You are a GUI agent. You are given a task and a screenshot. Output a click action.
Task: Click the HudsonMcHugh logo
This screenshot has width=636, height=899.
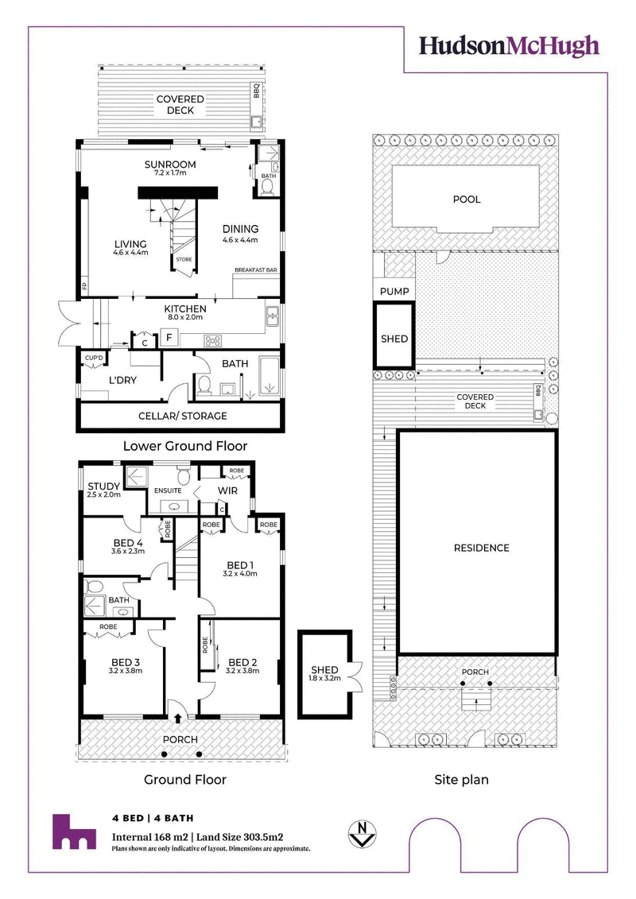[x=509, y=46]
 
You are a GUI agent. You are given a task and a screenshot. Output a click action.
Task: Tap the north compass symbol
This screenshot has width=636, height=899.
[x=362, y=834]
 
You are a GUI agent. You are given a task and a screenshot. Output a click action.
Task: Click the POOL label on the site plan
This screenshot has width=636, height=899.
[x=467, y=200]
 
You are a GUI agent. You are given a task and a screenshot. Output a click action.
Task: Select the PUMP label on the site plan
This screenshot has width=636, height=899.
[x=394, y=291]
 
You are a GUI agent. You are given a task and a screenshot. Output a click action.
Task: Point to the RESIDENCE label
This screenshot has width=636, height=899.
[x=482, y=548]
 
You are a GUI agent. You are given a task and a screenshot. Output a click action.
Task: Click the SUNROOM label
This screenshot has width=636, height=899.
[x=170, y=165]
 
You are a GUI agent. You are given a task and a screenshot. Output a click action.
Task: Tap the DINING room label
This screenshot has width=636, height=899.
[x=240, y=229]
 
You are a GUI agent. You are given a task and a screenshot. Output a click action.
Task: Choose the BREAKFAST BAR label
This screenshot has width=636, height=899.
[x=256, y=270]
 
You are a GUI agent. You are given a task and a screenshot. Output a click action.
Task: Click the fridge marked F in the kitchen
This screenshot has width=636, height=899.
[x=169, y=337]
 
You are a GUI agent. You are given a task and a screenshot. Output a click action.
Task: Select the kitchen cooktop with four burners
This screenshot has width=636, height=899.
[x=213, y=340]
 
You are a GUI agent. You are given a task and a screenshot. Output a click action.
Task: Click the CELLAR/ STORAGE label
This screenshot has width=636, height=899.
[x=183, y=417]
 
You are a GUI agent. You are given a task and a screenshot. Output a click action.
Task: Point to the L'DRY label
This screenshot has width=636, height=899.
[x=122, y=380]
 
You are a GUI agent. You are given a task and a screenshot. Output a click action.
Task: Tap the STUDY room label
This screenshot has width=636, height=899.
[x=104, y=486]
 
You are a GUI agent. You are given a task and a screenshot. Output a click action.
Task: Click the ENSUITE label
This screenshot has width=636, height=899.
[x=168, y=490]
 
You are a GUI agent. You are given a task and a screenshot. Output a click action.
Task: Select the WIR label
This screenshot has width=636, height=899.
[x=227, y=490]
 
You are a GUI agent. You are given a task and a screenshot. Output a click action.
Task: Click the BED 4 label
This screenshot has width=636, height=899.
[x=128, y=543]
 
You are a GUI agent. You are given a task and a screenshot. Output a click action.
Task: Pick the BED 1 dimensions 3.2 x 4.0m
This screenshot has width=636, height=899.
[x=240, y=573]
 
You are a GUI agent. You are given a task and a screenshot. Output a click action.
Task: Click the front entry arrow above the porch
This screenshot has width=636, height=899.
[x=178, y=717]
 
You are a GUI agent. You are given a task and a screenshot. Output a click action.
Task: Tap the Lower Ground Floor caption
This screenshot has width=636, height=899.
[x=185, y=446]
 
